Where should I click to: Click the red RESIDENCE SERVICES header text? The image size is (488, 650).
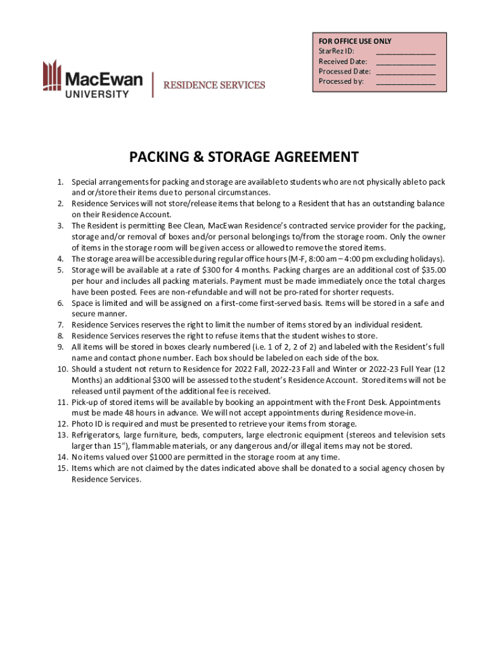pos(214,85)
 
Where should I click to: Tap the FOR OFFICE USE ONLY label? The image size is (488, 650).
pos(355,41)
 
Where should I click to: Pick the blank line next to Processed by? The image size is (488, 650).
pos(406,83)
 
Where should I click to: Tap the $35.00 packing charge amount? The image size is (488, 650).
pos(433,270)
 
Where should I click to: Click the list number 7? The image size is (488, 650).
pos(60,324)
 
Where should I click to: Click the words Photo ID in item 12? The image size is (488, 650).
pos(86,423)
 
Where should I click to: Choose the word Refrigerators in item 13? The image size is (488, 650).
pos(95,435)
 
